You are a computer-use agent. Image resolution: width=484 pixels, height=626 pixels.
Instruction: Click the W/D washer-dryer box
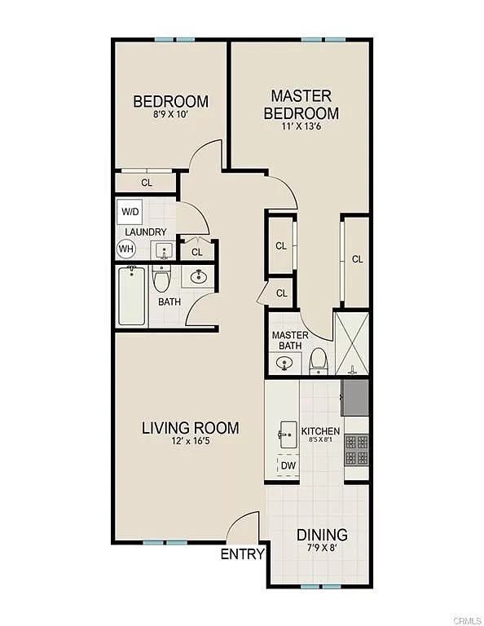130,212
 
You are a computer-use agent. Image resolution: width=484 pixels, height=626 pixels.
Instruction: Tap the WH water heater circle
126,249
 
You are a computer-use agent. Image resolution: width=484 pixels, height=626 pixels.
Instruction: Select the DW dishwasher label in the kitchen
288,465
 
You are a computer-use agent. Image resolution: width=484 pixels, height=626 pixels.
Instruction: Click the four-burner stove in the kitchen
356,450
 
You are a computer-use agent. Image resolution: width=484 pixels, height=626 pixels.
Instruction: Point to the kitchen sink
288,434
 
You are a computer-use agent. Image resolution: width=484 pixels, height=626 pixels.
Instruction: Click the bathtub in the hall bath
132,296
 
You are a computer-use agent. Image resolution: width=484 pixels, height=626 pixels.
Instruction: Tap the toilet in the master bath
319,361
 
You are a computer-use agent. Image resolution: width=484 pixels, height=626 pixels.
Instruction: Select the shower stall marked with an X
352,344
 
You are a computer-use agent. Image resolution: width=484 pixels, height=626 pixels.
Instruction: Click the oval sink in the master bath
284,363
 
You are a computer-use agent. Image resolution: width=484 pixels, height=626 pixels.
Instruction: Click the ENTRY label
243,554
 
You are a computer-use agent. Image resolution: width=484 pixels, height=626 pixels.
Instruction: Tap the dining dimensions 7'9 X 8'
322,548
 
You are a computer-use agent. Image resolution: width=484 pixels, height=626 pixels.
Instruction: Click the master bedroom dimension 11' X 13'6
301,127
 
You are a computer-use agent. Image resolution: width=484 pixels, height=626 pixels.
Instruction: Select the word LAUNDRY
146,232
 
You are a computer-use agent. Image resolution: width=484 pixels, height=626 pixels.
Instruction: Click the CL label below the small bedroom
147,183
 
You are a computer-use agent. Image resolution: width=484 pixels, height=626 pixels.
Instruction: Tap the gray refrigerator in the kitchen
354,398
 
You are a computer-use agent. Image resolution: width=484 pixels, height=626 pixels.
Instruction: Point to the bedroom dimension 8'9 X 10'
170,115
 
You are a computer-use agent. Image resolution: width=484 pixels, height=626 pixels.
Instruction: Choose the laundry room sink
164,251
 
